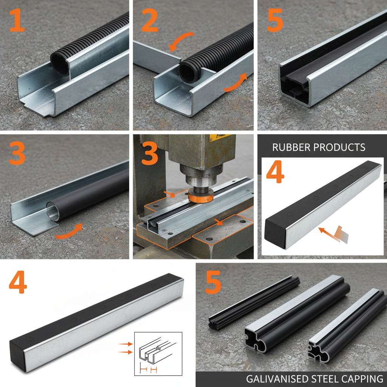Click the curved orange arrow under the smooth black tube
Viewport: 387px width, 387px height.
pyautogui.click(x=70, y=232)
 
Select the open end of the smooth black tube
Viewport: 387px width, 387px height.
pyautogui.click(x=52, y=209)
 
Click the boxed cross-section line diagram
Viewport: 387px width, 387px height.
pyautogui.click(x=158, y=353)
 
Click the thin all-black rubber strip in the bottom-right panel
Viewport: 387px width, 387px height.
pyautogui.click(x=253, y=303)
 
